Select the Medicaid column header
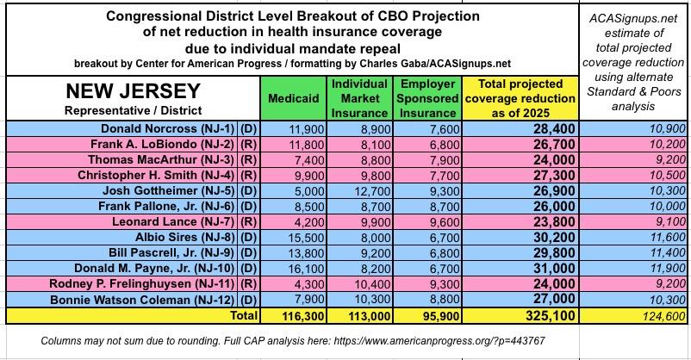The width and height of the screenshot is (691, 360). (x=294, y=98)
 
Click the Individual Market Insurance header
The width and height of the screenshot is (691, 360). (x=360, y=98)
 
